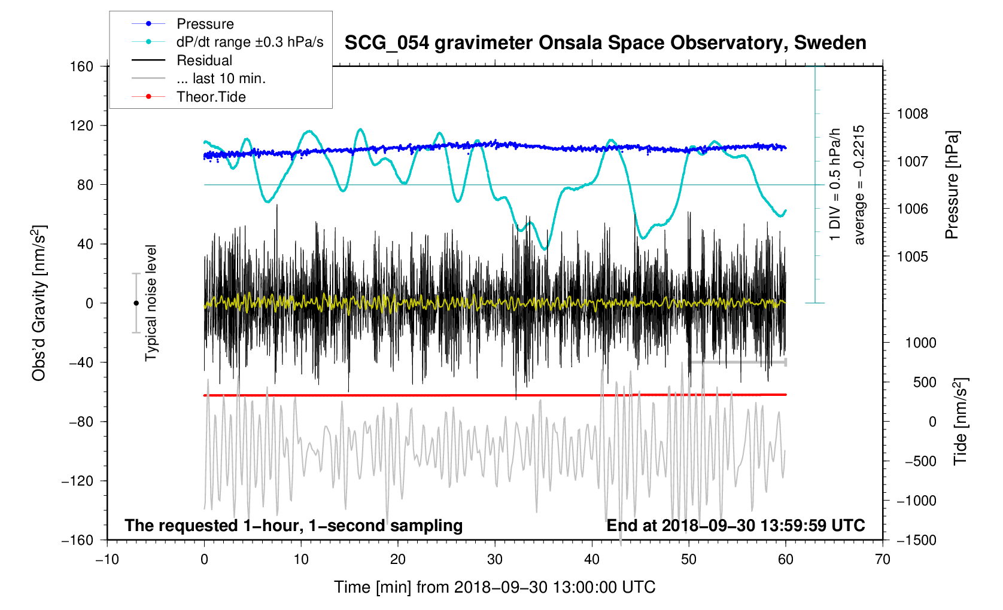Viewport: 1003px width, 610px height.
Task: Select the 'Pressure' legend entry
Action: click(x=205, y=24)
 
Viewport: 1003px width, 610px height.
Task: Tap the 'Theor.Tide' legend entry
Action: click(x=211, y=97)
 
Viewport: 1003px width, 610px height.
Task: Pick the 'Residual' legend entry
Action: click(x=204, y=60)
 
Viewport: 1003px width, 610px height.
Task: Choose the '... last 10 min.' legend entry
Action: click(x=221, y=78)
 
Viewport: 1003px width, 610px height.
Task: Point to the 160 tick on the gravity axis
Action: click(x=81, y=66)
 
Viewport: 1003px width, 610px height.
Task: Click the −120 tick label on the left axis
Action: click(x=78, y=481)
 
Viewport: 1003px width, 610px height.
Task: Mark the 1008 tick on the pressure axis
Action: click(x=912, y=114)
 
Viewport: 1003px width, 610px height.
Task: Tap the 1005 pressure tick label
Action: click(x=912, y=257)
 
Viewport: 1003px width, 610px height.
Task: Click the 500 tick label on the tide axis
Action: click(x=925, y=382)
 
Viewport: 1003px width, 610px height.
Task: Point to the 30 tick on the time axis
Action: click(x=495, y=559)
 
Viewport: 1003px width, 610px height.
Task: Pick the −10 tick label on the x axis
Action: click(x=107, y=559)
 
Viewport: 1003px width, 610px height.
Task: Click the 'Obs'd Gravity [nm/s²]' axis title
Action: click(x=39, y=303)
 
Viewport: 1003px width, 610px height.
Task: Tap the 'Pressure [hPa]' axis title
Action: click(x=952, y=185)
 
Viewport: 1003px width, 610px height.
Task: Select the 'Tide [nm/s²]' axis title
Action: click(x=960, y=422)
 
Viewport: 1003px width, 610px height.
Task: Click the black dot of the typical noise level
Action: click(x=136, y=303)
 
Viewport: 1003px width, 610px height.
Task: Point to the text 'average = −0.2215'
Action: click(x=859, y=185)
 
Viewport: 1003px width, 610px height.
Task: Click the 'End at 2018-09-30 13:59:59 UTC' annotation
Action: click(x=735, y=526)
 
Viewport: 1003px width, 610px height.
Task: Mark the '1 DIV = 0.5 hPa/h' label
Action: click(x=835, y=185)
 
